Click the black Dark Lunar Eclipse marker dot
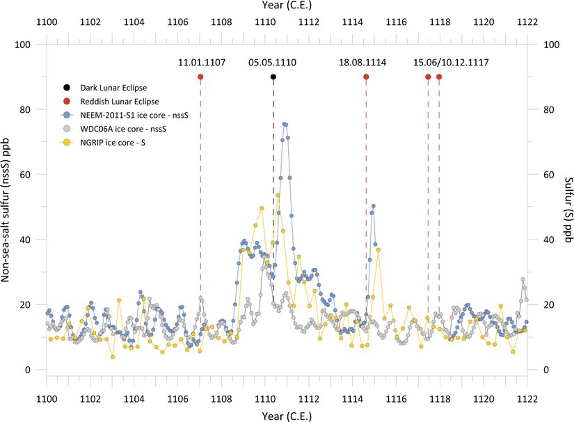click(x=273, y=77)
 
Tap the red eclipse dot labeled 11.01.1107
click(x=200, y=77)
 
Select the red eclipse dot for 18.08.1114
click(x=366, y=77)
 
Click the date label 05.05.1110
click(x=272, y=63)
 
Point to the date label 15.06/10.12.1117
click(x=450, y=63)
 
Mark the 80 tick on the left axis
click(x=29, y=109)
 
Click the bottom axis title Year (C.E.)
click(x=287, y=414)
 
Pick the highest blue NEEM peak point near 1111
click(x=285, y=124)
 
